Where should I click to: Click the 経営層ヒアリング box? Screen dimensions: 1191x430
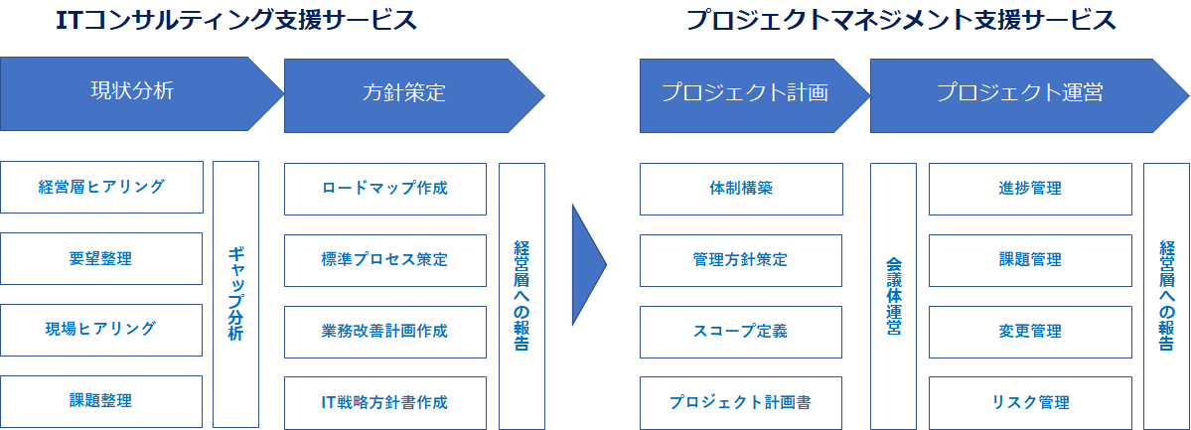pyautogui.click(x=101, y=187)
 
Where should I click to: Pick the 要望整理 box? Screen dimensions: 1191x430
pyautogui.click(x=101, y=258)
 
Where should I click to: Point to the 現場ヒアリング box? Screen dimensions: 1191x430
pyautogui.click(x=101, y=330)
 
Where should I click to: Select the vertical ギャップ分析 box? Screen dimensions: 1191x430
pyautogui.click(x=235, y=294)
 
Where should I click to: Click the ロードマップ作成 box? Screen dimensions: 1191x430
pyautogui.click(x=385, y=189)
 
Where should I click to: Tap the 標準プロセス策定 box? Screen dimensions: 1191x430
pyautogui.click(x=385, y=260)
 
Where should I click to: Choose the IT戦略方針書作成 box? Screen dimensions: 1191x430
pyautogui.click(x=385, y=402)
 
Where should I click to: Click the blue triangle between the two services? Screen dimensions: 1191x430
pyautogui.click(x=588, y=264)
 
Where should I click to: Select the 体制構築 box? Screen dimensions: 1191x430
pyautogui.click(x=741, y=189)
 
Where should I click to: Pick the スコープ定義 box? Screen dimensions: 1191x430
pyautogui.click(x=741, y=332)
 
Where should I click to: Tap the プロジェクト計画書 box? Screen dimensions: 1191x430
pyautogui.click(x=741, y=402)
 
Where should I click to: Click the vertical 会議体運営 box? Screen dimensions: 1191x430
pyautogui.click(x=893, y=296)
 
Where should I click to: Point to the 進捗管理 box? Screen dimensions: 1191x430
pyautogui.click(x=1030, y=189)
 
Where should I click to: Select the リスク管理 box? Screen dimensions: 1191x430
pyautogui.click(x=1030, y=402)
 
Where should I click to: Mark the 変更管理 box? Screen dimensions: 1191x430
pyautogui.click(x=1030, y=332)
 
